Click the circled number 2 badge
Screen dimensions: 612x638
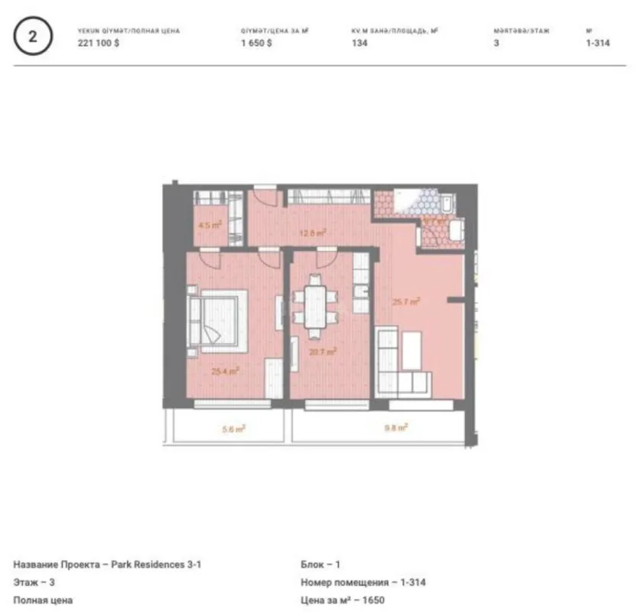tap(32, 36)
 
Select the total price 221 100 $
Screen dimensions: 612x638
tap(99, 44)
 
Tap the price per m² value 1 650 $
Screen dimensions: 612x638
tap(256, 44)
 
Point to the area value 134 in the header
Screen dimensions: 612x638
tap(360, 44)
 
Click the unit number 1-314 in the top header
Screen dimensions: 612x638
tap(597, 44)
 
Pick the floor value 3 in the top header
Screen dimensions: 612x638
tap(496, 44)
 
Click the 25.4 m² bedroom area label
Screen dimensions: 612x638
tap(226, 373)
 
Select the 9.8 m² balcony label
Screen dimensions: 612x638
tap(395, 428)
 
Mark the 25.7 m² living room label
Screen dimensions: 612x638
tap(405, 302)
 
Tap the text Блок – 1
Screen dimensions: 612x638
tap(321, 565)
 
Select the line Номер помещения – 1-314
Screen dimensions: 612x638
tap(363, 582)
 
